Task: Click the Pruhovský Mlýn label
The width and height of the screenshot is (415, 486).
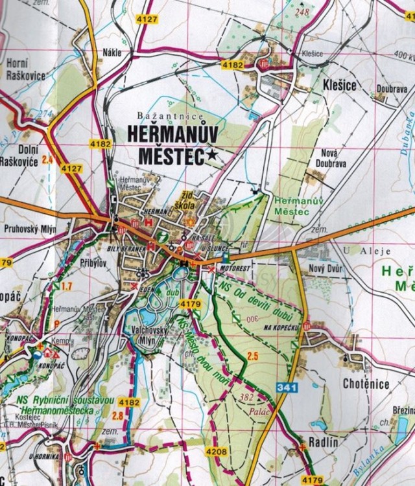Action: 29,229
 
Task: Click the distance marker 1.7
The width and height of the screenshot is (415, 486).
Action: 66,285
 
